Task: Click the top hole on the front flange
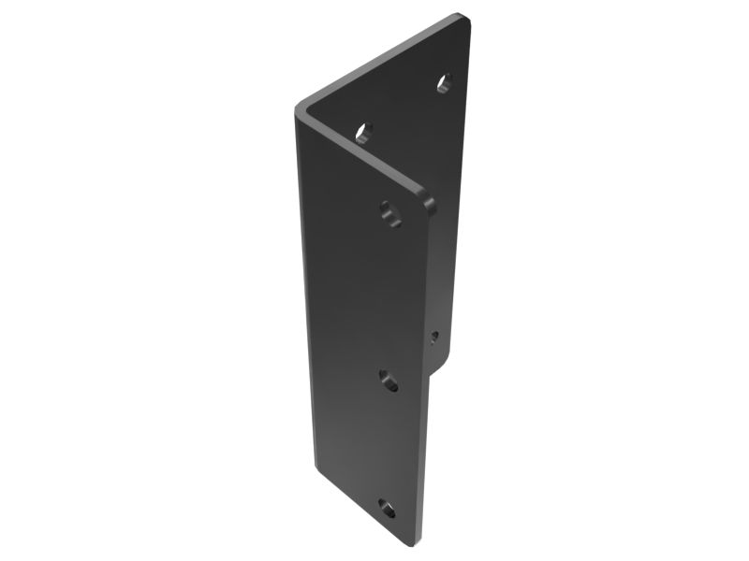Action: pos(391,214)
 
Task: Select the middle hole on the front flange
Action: pos(389,380)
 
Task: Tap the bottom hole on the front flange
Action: pos(387,508)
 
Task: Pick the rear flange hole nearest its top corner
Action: pos(445,82)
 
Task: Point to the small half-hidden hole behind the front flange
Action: pos(434,336)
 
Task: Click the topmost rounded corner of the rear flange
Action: pos(461,19)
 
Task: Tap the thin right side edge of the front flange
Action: pos(424,374)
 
